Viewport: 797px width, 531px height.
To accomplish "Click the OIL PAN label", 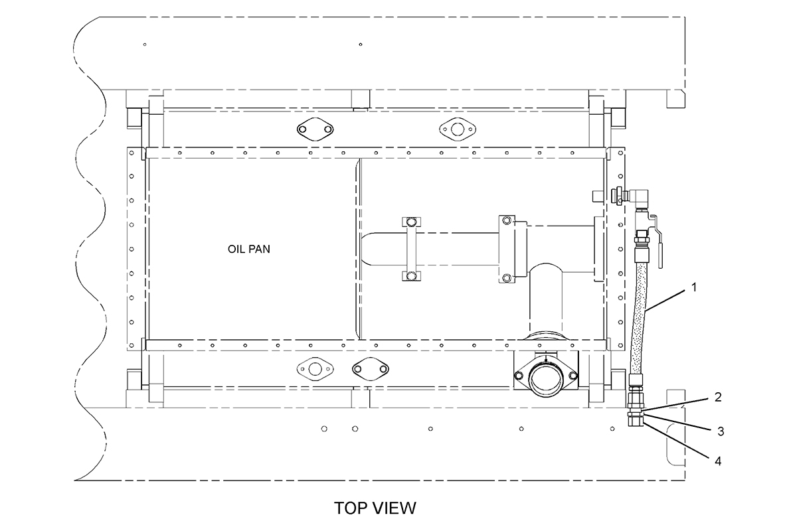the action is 248,249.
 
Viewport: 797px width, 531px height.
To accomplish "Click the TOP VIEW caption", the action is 375,508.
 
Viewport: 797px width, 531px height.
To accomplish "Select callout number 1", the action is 694,287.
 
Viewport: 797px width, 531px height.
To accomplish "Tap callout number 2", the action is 718,397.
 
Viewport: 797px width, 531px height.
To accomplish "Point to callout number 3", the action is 721,431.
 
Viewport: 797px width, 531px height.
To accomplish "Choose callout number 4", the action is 718,461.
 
